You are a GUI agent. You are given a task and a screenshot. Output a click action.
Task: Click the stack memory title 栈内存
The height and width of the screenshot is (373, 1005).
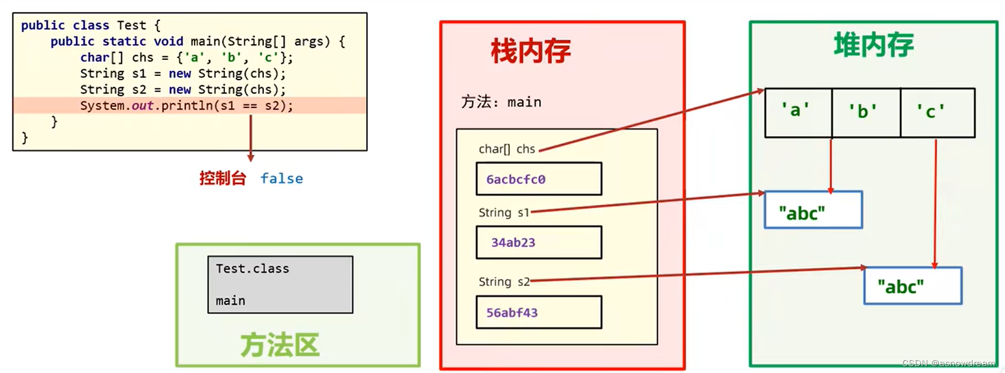530,51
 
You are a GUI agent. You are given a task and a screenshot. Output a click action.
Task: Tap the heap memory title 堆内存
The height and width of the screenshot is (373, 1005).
873,45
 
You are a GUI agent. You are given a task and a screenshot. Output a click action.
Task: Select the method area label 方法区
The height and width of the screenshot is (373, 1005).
280,345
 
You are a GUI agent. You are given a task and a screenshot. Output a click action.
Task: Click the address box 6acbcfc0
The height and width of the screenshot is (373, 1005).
538,179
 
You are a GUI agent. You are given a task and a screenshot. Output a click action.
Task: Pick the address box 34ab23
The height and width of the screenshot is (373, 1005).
538,243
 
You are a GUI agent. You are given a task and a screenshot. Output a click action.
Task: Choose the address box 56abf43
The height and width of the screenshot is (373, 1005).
538,312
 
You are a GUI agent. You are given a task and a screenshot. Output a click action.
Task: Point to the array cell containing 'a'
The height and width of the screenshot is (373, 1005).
798,112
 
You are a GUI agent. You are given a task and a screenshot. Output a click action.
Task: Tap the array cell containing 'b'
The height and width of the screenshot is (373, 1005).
866,112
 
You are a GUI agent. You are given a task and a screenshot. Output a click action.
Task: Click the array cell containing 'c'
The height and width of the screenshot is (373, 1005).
937,112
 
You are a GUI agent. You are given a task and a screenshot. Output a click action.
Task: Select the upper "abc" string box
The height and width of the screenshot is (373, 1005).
813,210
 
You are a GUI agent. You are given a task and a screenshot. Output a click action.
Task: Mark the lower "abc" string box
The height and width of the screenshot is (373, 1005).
912,286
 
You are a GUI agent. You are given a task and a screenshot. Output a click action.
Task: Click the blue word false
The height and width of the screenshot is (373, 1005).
281,178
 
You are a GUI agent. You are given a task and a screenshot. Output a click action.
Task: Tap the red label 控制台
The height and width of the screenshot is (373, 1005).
223,178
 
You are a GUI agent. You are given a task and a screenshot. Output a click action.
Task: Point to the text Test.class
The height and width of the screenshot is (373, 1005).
252,269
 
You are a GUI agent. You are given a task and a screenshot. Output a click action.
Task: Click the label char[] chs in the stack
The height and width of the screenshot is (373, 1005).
507,149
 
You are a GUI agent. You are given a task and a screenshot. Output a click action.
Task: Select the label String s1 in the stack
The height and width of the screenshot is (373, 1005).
504,212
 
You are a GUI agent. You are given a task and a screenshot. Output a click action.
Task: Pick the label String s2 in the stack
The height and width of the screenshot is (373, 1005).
504,282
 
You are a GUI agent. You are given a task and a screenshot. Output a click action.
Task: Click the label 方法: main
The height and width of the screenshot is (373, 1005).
501,102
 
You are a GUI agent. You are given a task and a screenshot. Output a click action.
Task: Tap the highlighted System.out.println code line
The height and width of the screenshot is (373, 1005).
186,106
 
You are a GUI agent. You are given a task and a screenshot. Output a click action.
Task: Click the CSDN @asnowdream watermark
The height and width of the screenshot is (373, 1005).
948,363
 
